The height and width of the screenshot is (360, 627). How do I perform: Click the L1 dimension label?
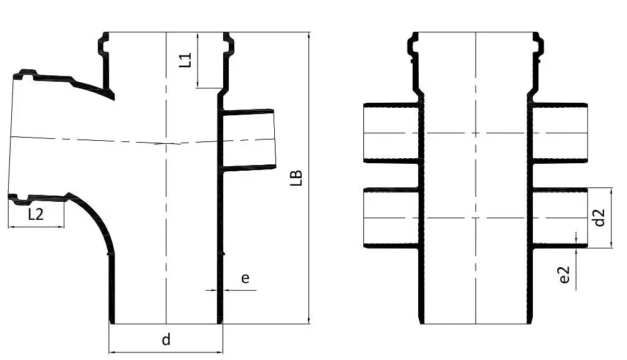(x=185, y=60)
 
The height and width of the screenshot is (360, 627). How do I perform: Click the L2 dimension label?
(x=36, y=214)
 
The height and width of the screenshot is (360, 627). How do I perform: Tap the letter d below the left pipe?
(x=166, y=339)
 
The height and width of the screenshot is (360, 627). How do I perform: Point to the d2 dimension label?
(x=599, y=217)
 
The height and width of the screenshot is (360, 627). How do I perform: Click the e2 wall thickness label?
(x=565, y=276)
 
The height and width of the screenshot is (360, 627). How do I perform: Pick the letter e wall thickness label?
(x=246, y=278)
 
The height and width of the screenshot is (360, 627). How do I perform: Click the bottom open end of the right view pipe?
(x=476, y=323)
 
